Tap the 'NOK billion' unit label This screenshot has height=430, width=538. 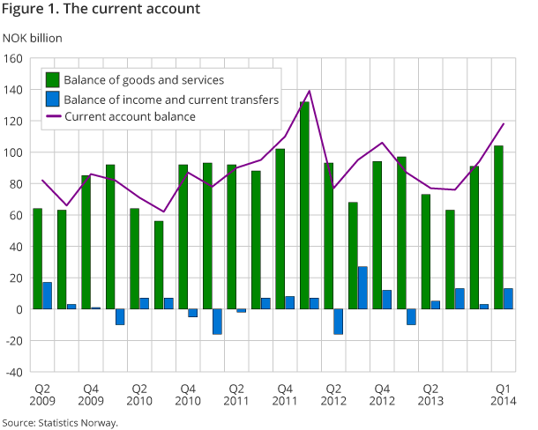[x=33, y=37]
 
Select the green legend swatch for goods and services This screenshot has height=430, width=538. [x=53, y=80]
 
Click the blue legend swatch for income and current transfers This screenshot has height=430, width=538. [x=53, y=100]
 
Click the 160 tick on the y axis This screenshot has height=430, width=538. [x=13, y=59]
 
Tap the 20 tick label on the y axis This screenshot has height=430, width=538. [x=17, y=278]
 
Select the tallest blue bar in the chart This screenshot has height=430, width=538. [x=362, y=288]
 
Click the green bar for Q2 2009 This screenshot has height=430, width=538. [x=38, y=259]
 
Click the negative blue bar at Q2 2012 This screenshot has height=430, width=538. [x=338, y=322]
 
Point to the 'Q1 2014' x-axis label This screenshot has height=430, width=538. [x=503, y=395]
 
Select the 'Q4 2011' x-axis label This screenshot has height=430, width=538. [x=284, y=395]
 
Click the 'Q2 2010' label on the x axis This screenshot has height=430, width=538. [x=138, y=395]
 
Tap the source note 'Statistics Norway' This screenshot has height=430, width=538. [x=59, y=422]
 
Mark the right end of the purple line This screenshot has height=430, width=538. [x=503, y=123]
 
